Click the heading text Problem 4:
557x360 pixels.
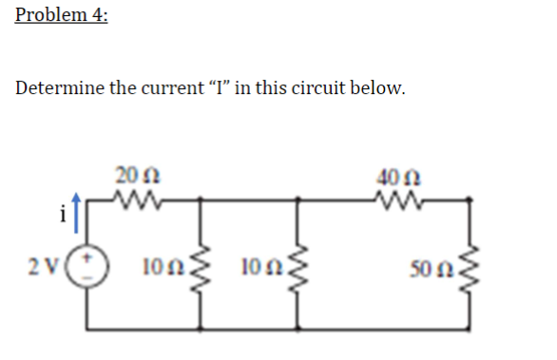point(61,18)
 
